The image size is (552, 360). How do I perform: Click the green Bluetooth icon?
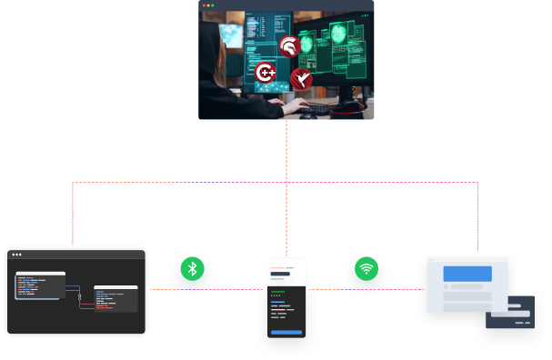coord(191,269)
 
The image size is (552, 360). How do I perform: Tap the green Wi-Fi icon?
coord(366,269)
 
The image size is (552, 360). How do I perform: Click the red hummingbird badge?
coord(300,79)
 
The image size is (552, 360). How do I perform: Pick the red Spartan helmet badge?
coord(288,46)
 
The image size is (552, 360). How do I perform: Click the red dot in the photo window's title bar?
coord(205,5)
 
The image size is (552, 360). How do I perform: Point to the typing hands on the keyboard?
coord(296,105)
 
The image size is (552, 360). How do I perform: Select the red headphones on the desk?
coord(347,110)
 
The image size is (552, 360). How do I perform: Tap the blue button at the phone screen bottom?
coord(286,333)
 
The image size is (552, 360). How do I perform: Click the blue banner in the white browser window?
coord(467,273)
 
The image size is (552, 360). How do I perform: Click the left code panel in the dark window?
coord(39,285)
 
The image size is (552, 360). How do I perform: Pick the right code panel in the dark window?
coord(115,298)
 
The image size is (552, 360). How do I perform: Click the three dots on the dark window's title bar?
coord(16,255)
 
